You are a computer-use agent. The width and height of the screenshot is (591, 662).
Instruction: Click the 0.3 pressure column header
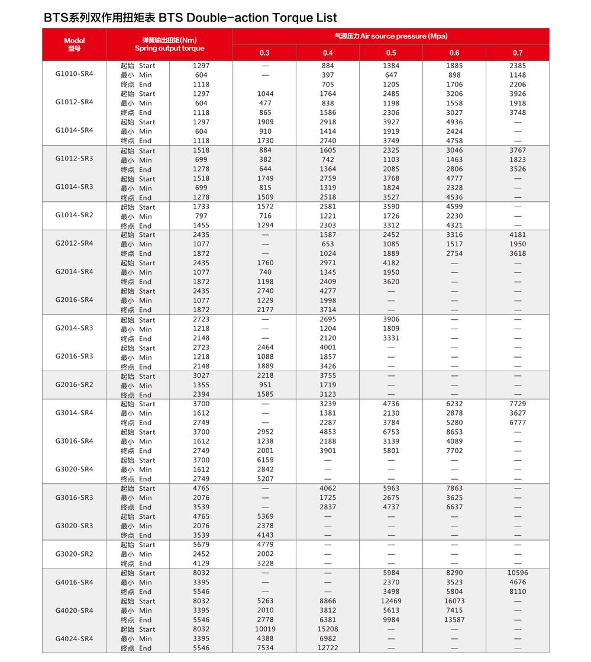(264, 53)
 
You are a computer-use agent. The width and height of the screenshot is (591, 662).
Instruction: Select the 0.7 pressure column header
(518, 53)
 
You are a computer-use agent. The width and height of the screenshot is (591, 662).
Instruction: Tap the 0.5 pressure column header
(391, 53)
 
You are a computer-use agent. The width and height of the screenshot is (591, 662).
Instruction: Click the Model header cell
(74, 44)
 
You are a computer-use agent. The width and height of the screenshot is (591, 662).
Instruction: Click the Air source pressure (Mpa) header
(391, 37)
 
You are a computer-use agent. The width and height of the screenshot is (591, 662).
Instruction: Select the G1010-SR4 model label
(74, 75)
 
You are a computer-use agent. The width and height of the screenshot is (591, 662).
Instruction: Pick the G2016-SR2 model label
(74, 385)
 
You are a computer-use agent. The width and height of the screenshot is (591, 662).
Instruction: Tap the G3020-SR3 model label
(74, 526)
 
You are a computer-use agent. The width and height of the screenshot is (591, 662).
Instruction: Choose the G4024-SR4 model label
(74, 639)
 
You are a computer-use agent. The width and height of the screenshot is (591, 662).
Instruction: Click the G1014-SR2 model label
(74, 216)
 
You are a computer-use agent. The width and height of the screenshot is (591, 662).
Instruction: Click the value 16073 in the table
(454, 601)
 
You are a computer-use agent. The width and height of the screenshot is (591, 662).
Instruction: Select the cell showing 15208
(328, 629)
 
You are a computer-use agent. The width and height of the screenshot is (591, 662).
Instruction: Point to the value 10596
(518, 573)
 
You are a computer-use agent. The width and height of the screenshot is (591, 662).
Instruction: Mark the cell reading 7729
(518, 404)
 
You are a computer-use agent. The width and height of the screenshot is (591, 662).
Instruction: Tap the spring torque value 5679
(201, 545)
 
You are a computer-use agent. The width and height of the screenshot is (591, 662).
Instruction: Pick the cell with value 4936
(454, 122)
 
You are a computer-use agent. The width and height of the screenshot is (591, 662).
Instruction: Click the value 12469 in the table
(391, 601)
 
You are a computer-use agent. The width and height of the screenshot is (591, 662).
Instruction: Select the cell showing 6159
(265, 460)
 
